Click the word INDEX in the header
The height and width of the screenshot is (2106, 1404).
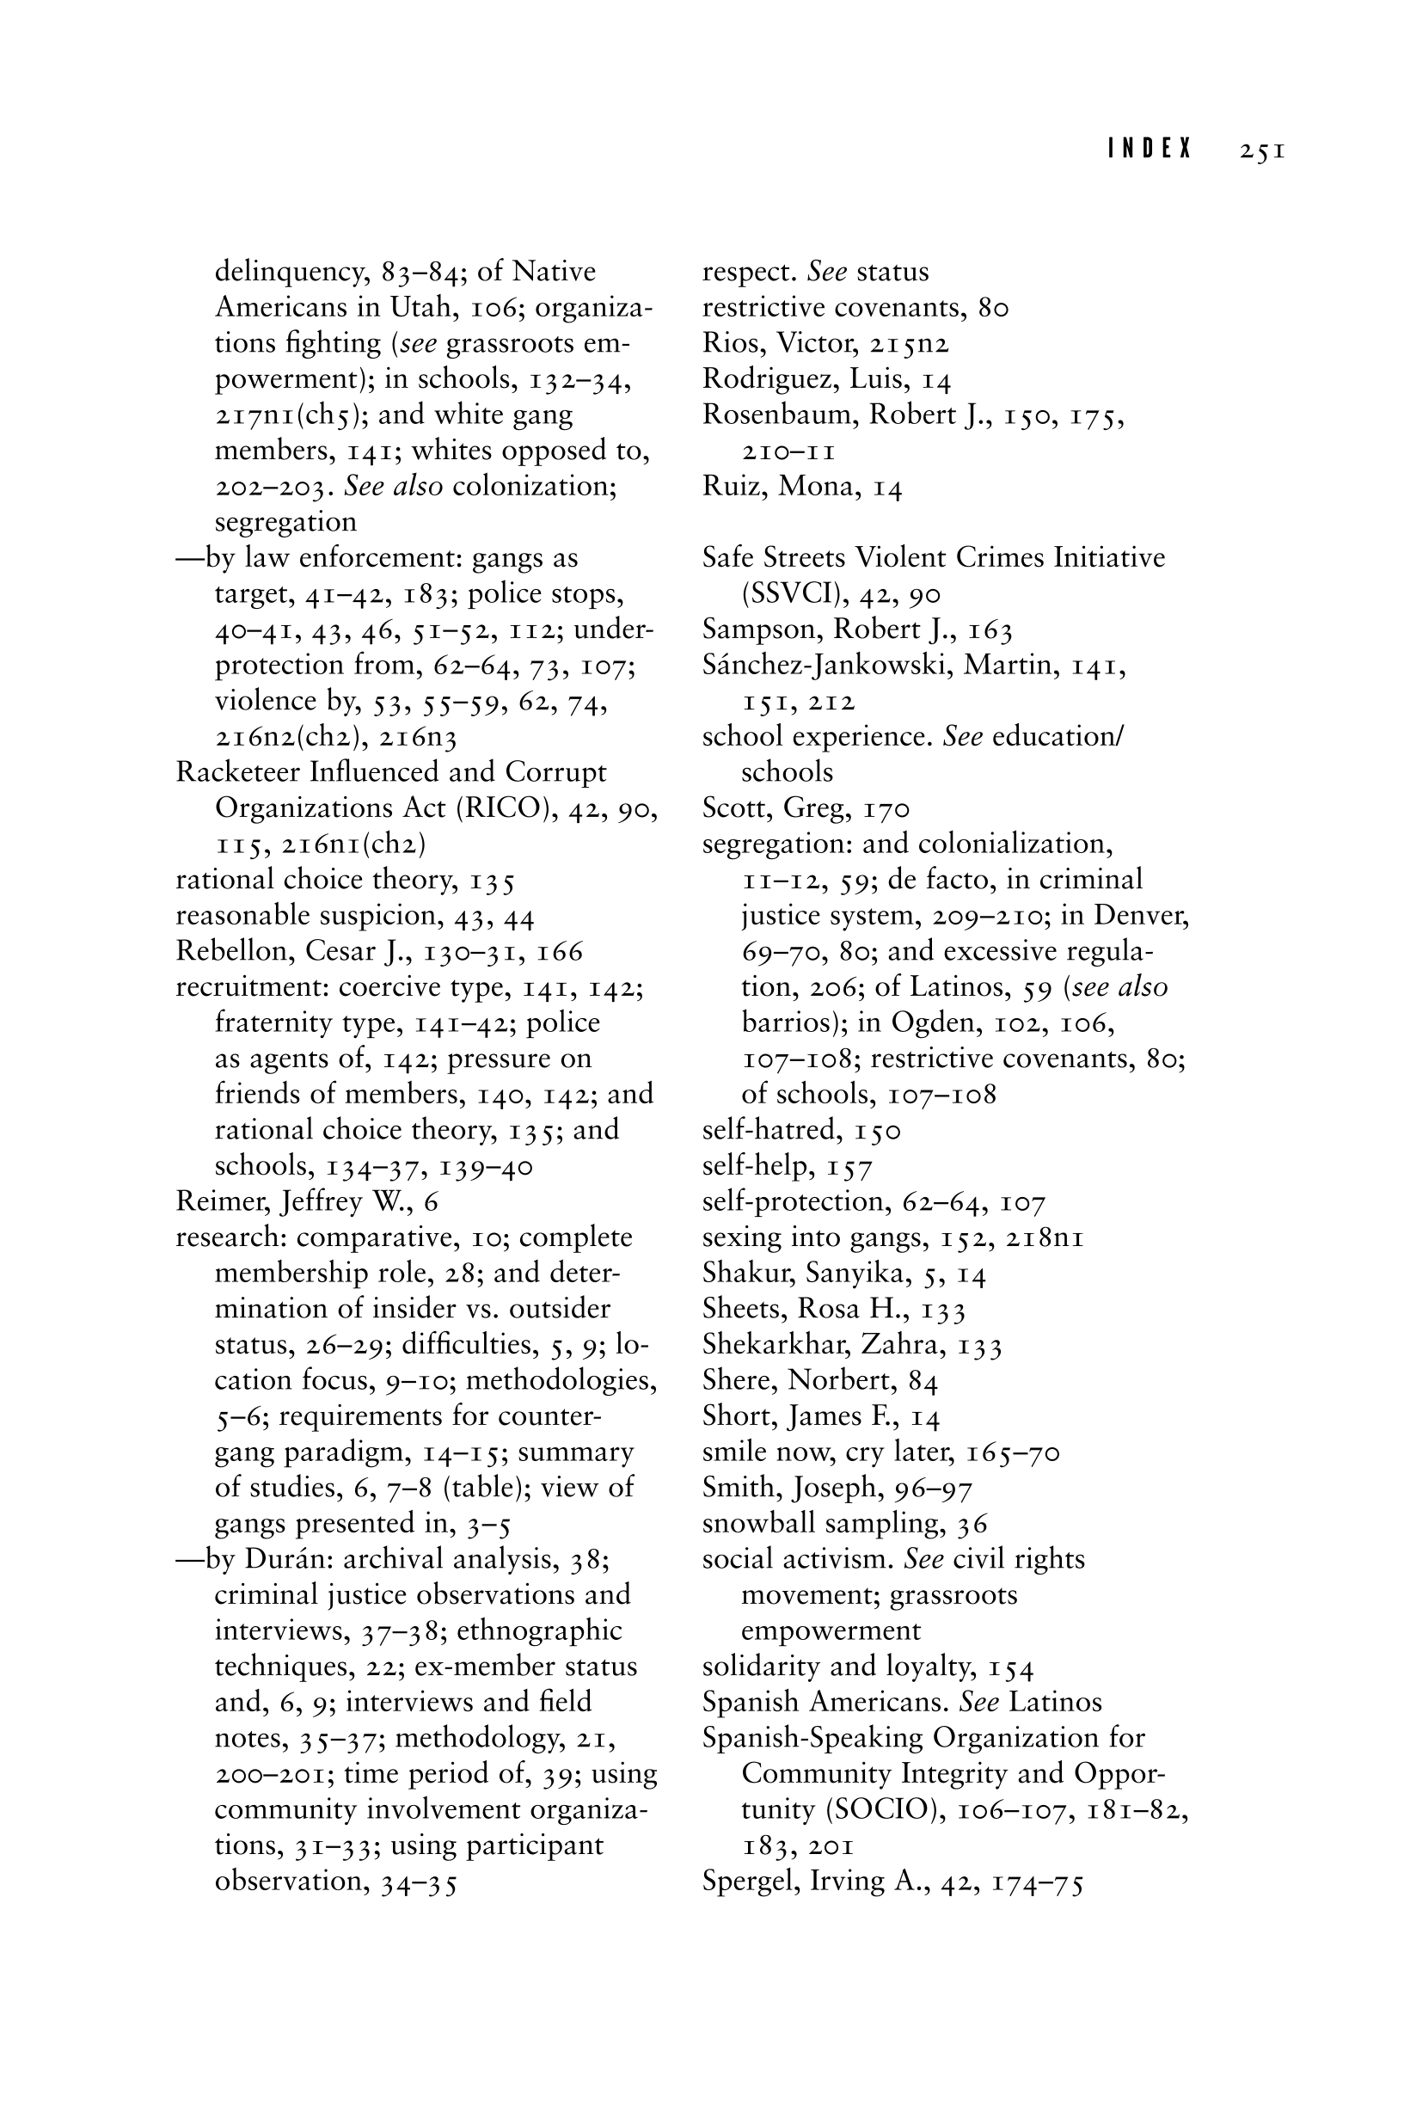point(1150,150)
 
